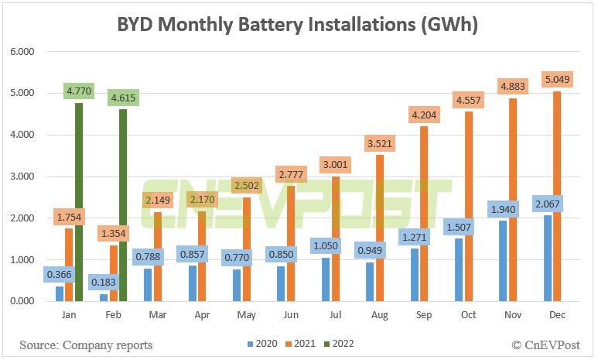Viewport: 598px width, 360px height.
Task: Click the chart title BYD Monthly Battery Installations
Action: tap(299, 25)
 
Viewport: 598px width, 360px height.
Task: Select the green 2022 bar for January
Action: tap(78, 201)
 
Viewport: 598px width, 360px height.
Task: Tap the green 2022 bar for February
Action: tap(123, 205)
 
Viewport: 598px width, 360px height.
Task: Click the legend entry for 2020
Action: tap(262, 343)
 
